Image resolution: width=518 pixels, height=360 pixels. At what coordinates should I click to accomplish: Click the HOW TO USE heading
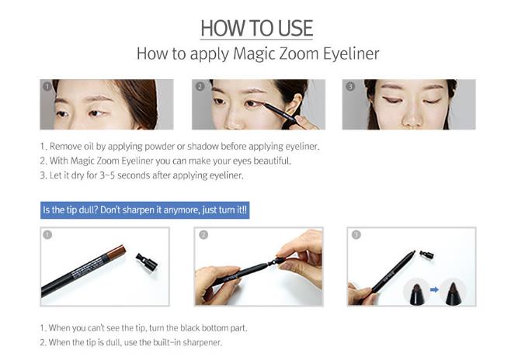coord(257,29)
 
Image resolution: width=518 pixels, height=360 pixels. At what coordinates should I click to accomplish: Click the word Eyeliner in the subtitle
coord(351,54)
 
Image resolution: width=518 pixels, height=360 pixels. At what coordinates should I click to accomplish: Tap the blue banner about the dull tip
coord(144,210)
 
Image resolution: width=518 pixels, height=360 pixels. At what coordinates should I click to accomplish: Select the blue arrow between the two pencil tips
coord(434,289)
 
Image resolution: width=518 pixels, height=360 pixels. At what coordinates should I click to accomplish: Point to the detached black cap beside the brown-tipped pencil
coord(147,262)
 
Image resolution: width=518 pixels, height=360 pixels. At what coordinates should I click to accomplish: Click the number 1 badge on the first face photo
coord(47,86)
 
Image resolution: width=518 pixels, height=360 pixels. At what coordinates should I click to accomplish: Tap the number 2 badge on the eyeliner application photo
coord(200,86)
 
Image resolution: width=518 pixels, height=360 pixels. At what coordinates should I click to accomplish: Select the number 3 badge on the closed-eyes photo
coord(350,86)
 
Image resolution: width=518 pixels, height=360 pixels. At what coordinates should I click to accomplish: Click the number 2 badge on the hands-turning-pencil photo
coord(203,234)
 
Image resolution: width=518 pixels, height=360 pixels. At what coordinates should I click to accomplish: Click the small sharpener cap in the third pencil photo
coord(426,254)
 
